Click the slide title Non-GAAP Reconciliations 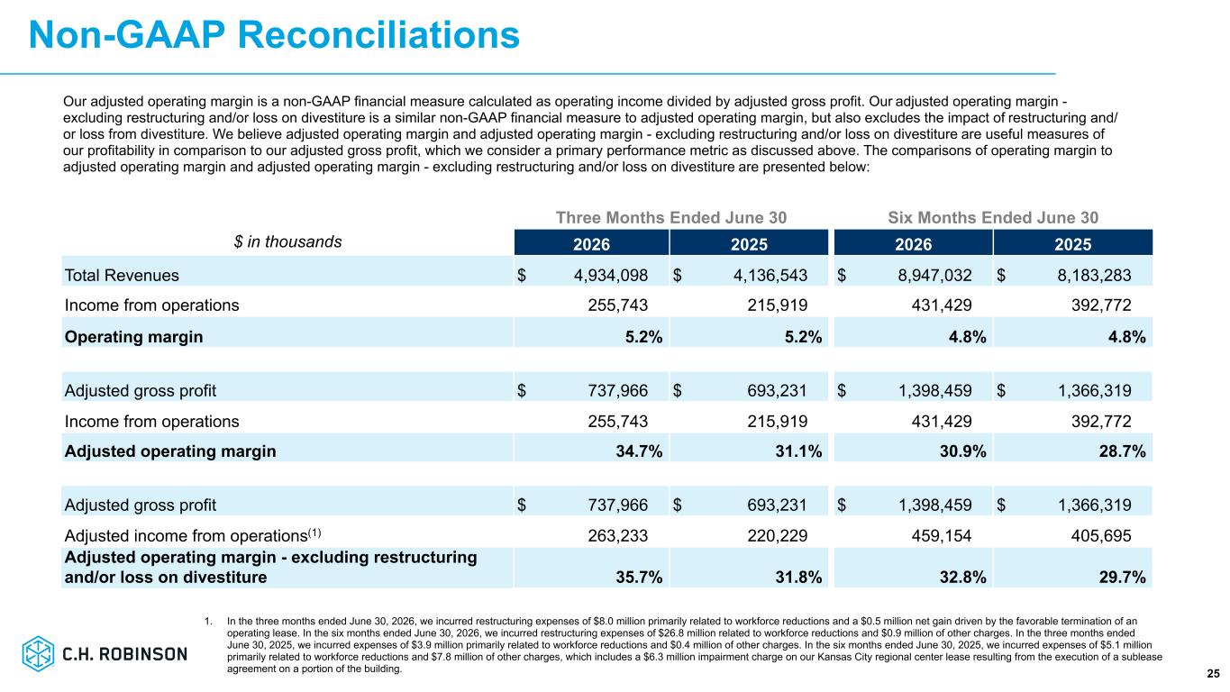274,35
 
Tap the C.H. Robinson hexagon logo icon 38,653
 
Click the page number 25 1213,674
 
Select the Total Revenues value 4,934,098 611,275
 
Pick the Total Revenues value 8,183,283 1094,275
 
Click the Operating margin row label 133,337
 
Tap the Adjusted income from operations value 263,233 618,535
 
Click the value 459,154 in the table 942,535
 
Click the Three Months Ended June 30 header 671,218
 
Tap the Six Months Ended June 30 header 993,218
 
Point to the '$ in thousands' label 287,241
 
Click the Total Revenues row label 122,275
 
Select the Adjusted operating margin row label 170,451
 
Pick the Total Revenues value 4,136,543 770,275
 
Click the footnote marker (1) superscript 314,533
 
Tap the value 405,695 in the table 1101,535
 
